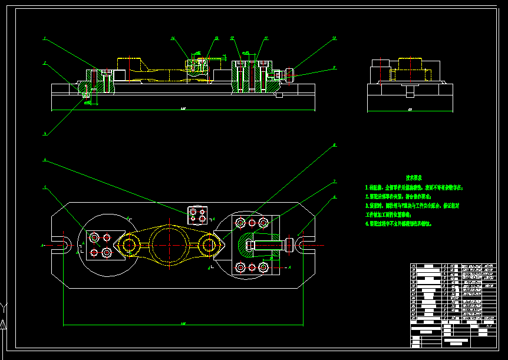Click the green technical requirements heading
pyautogui.click(x=413, y=177)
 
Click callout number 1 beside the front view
pyautogui.click(x=44, y=38)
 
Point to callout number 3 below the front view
pyautogui.click(x=44, y=134)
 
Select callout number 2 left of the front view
pyautogui.click(x=44, y=62)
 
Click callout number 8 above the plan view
pyautogui.click(x=334, y=144)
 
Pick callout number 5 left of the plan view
pyautogui.click(x=44, y=188)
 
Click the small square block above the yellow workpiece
pyautogui.click(x=197, y=215)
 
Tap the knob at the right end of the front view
pyautogui.click(x=290, y=75)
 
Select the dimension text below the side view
pyautogui.click(x=410, y=110)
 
